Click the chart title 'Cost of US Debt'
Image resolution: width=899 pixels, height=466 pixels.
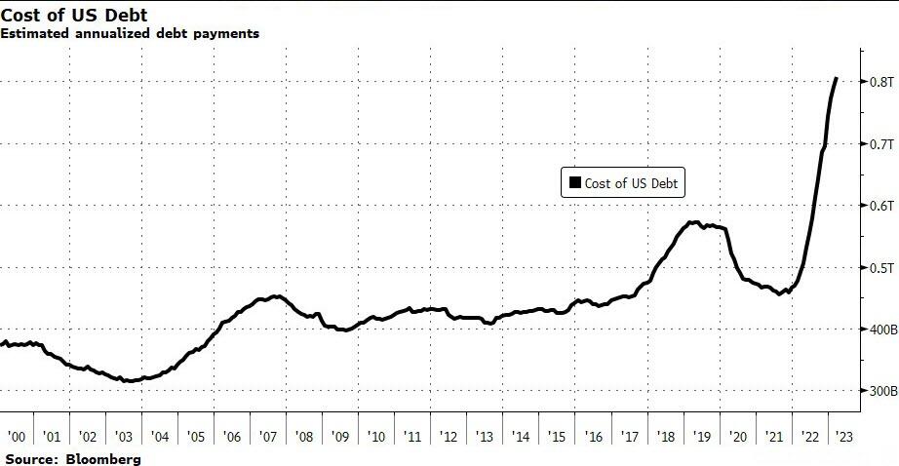(74, 15)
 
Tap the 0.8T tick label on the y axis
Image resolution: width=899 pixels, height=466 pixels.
(879, 81)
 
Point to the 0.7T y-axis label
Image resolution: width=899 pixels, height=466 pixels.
(879, 143)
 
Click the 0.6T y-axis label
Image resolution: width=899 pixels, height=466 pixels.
(879, 206)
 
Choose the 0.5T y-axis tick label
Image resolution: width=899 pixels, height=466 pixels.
(879, 267)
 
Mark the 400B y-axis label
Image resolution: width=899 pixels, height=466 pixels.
(879, 330)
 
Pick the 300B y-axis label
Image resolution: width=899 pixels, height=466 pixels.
(879, 391)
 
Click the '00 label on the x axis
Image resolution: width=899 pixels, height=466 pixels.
(17, 438)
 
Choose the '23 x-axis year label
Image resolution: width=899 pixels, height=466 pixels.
(845, 438)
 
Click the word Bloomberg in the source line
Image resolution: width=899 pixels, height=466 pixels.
(101, 458)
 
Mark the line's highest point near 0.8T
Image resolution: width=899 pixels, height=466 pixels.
(837, 78)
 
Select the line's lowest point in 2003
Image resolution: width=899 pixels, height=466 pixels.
(130, 381)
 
